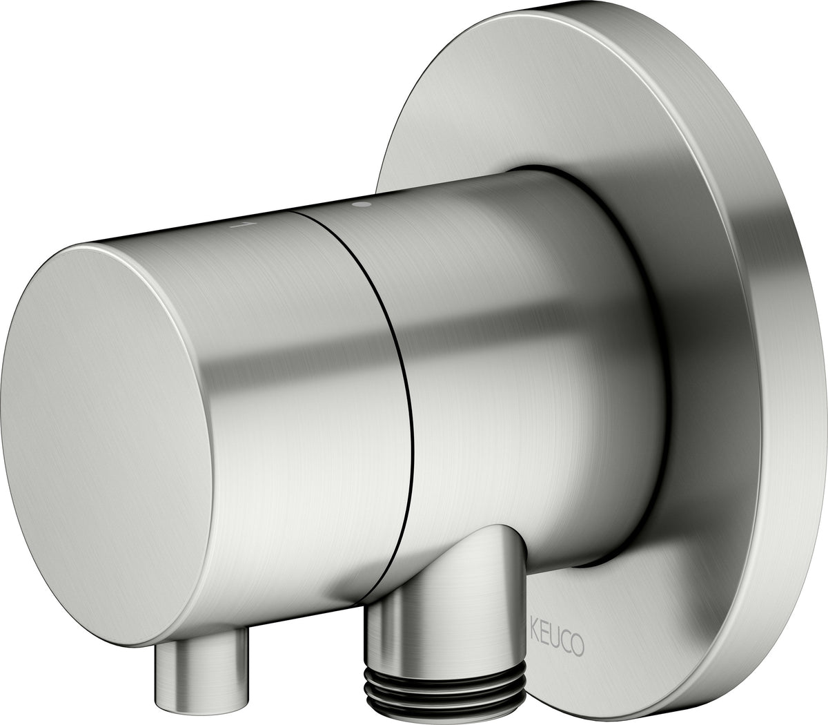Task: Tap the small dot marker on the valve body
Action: click(x=357, y=204)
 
